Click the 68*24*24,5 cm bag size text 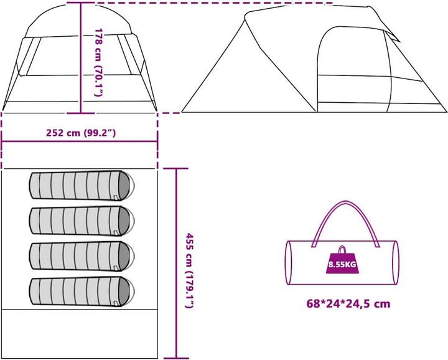coord(348,304)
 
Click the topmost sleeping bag coord(82,185)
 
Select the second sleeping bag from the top coord(82,219)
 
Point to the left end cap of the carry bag coord(291,262)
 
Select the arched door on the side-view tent coord(339,69)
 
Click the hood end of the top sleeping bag coord(125,185)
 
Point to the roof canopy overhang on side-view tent coord(386,25)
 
